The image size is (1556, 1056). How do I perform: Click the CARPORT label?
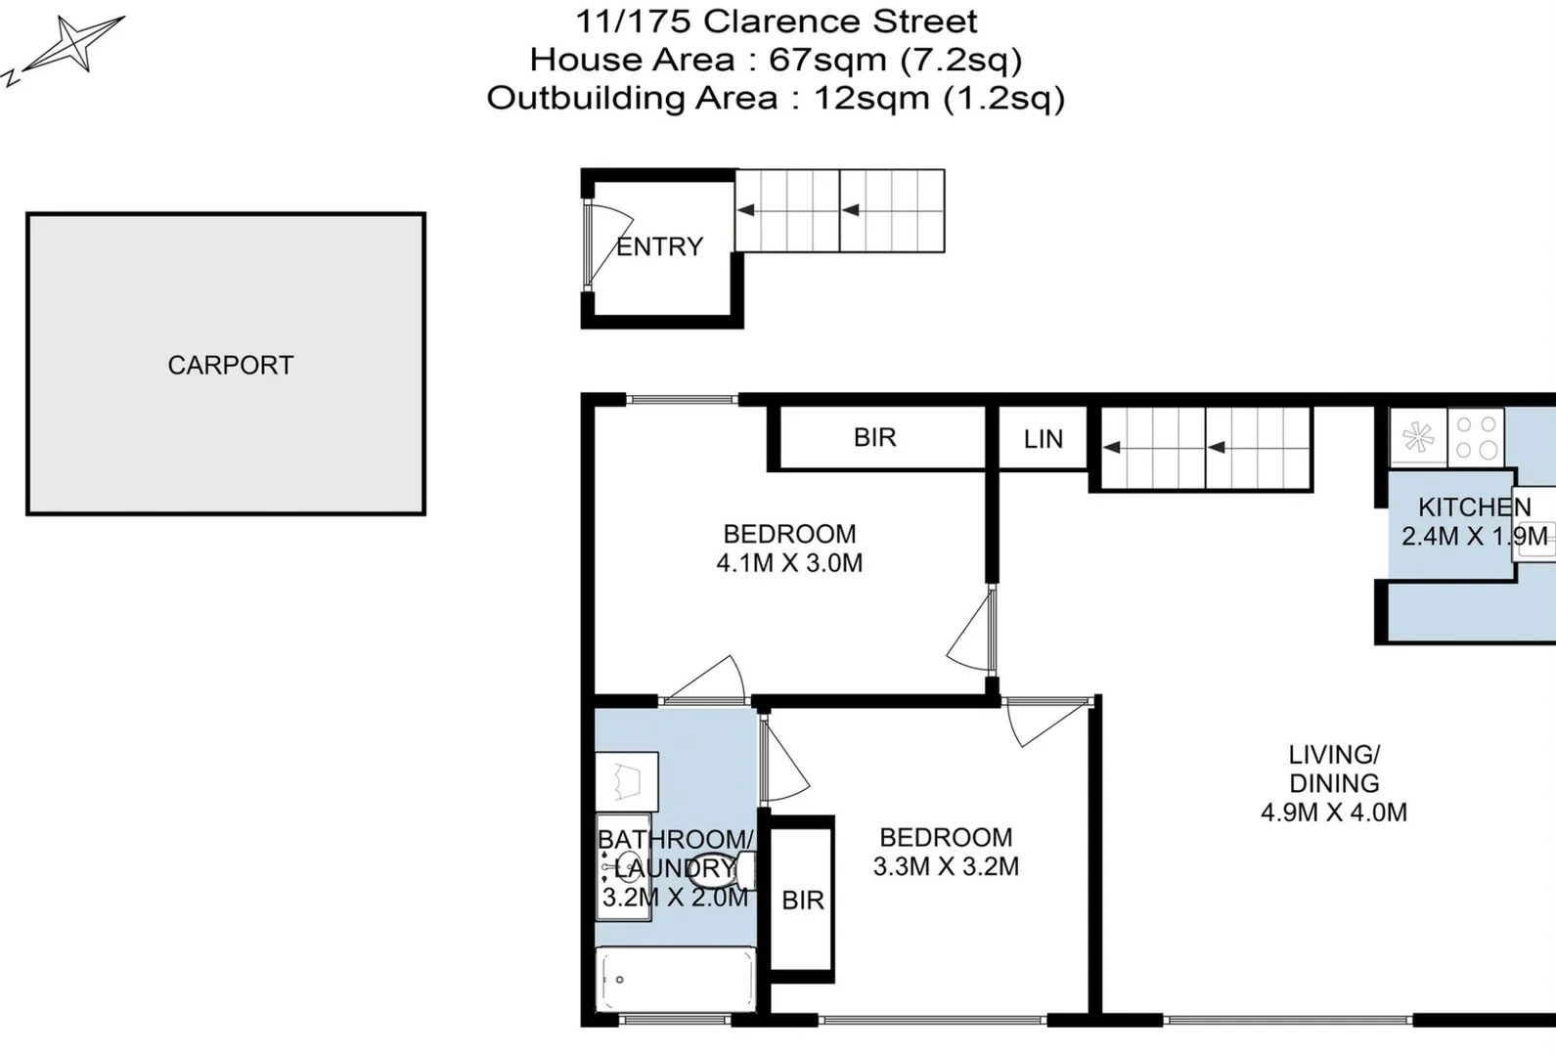[230, 365]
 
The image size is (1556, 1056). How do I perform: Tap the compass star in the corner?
[74, 44]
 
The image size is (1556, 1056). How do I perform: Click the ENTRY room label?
[659, 246]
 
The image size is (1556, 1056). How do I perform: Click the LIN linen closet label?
[1043, 439]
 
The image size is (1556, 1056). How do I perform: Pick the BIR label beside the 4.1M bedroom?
[874, 437]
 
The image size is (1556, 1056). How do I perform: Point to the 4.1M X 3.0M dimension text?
[789, 563]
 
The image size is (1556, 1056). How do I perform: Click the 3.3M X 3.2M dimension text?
[946, 866]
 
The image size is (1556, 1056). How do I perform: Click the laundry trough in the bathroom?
[626, 781]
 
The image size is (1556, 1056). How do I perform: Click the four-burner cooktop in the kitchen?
[1476, 437]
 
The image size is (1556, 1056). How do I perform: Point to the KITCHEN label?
[1474, 507]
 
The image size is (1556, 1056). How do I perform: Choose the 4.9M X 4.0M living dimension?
[1334, 813]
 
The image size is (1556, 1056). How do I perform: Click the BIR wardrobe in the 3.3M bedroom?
[802, 900]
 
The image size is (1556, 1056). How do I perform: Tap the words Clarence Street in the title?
[840, 21]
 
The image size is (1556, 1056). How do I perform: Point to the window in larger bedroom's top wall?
[682, 399]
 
